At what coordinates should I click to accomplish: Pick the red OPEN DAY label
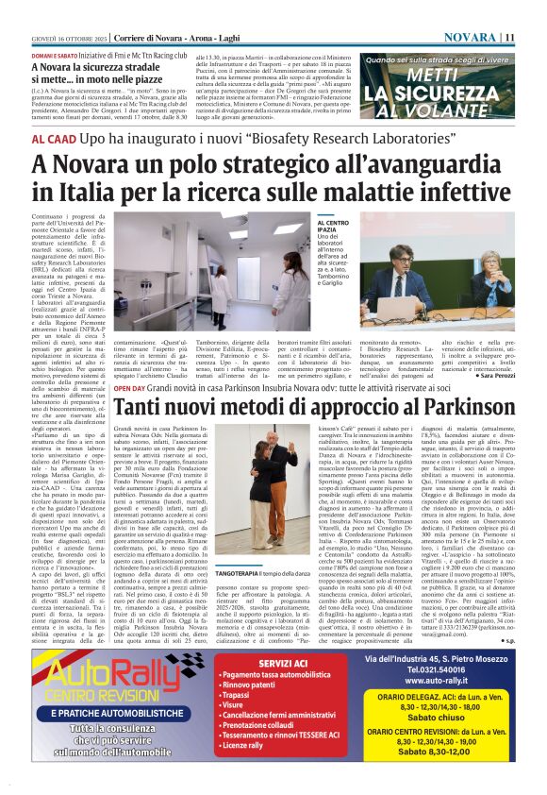point(129,388)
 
